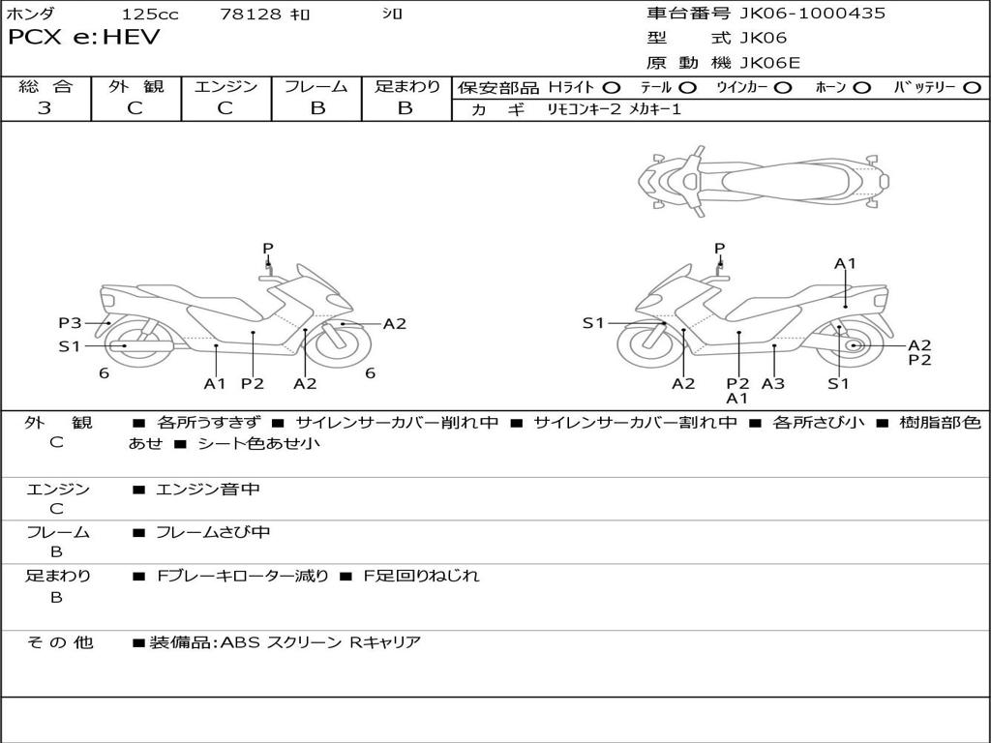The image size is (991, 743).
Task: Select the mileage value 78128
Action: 251,15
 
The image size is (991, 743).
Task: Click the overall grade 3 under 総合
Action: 45,108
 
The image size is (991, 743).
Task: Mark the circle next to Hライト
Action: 612,88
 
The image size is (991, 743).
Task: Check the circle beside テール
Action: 687,88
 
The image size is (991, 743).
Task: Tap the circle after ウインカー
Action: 783,88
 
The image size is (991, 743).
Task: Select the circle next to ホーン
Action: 861,88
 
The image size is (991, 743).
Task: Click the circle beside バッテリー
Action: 972,88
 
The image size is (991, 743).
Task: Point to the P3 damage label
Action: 70,323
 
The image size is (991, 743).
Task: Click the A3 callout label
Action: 772,383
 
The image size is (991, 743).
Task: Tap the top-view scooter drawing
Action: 763,181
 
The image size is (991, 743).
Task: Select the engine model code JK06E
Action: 770,64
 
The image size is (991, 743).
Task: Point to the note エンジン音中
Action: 208,490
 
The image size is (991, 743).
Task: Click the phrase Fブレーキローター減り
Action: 243,577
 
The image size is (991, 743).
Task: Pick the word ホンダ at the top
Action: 31,15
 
